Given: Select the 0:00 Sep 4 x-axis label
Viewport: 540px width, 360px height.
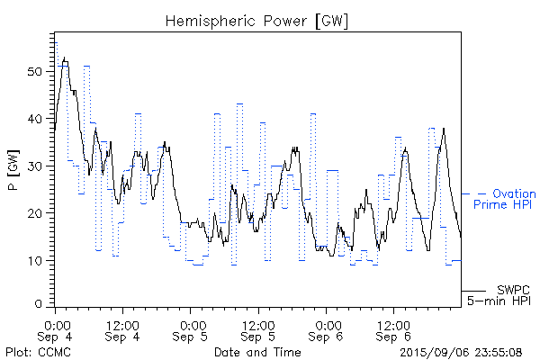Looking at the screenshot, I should pos(57,329).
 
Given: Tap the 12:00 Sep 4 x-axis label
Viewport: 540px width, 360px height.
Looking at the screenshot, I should pos(122,329).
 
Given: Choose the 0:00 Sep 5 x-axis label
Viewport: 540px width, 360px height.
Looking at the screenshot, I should pos(191,329).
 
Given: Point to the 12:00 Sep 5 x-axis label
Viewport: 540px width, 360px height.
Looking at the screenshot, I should pos(258,329).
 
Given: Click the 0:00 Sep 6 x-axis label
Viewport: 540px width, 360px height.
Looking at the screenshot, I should pos(327,329).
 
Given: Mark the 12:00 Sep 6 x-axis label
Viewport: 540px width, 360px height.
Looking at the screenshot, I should pos(393,329).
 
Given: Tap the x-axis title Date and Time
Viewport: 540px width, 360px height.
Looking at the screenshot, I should pos(257,352).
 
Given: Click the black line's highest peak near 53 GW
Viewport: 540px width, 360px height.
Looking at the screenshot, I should pos(65,57).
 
